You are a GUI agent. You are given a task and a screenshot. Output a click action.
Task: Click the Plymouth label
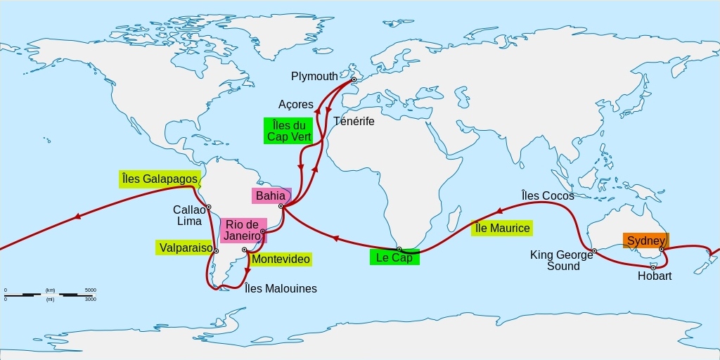pos(314,76)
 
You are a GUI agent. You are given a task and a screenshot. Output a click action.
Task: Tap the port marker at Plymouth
pos(354,79)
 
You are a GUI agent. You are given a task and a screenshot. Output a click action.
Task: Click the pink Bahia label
pos(271,195)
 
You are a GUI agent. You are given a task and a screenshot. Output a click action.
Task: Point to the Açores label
pos(296,105)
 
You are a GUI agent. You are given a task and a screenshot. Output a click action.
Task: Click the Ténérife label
pos(354,121)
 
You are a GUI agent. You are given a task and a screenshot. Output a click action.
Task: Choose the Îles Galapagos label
pos(159,179)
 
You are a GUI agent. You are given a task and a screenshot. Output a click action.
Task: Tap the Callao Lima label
pos(189,215)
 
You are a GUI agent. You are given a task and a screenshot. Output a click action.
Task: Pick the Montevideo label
pos(281,259)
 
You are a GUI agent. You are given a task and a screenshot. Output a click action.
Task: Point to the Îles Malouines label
pos(281,288)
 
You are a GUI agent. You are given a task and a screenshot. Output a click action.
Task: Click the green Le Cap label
pos(394,257)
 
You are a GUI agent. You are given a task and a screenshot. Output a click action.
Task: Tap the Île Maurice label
pos(501,228)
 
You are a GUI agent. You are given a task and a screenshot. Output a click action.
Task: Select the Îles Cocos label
pos(548,195)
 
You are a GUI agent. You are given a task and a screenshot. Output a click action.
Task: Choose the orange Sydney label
pos(645,240)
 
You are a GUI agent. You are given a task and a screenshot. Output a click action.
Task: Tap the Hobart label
pos(655,276)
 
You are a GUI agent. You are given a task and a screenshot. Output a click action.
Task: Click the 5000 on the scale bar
pos(90,290)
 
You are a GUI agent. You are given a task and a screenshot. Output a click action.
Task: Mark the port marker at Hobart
pos(653,266)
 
